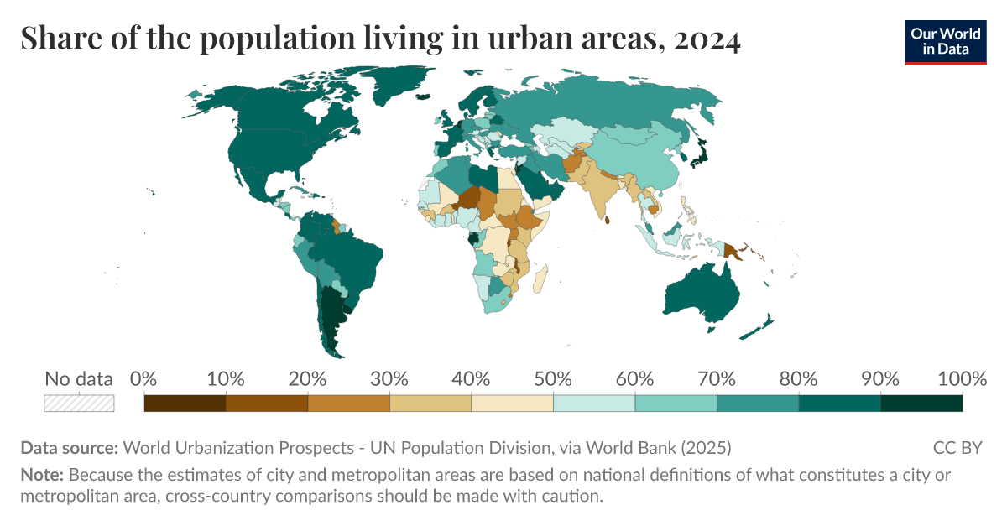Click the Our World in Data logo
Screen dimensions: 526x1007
pyautogui.click(x=945, y=42)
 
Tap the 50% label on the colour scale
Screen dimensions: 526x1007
pyautogui.click(x=553, y=379)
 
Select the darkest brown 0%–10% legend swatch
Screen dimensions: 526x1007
pyautogui.click(x=185, y=404)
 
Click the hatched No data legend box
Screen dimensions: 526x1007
pyautogui.click(x=79, y=404)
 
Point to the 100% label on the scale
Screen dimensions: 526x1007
pyautogui.click(x=962, y=379)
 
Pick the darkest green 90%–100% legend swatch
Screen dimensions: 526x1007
pyautogui.click(x=921, y=404)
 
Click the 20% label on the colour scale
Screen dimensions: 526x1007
pyautogui.click(x=308, y=379)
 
